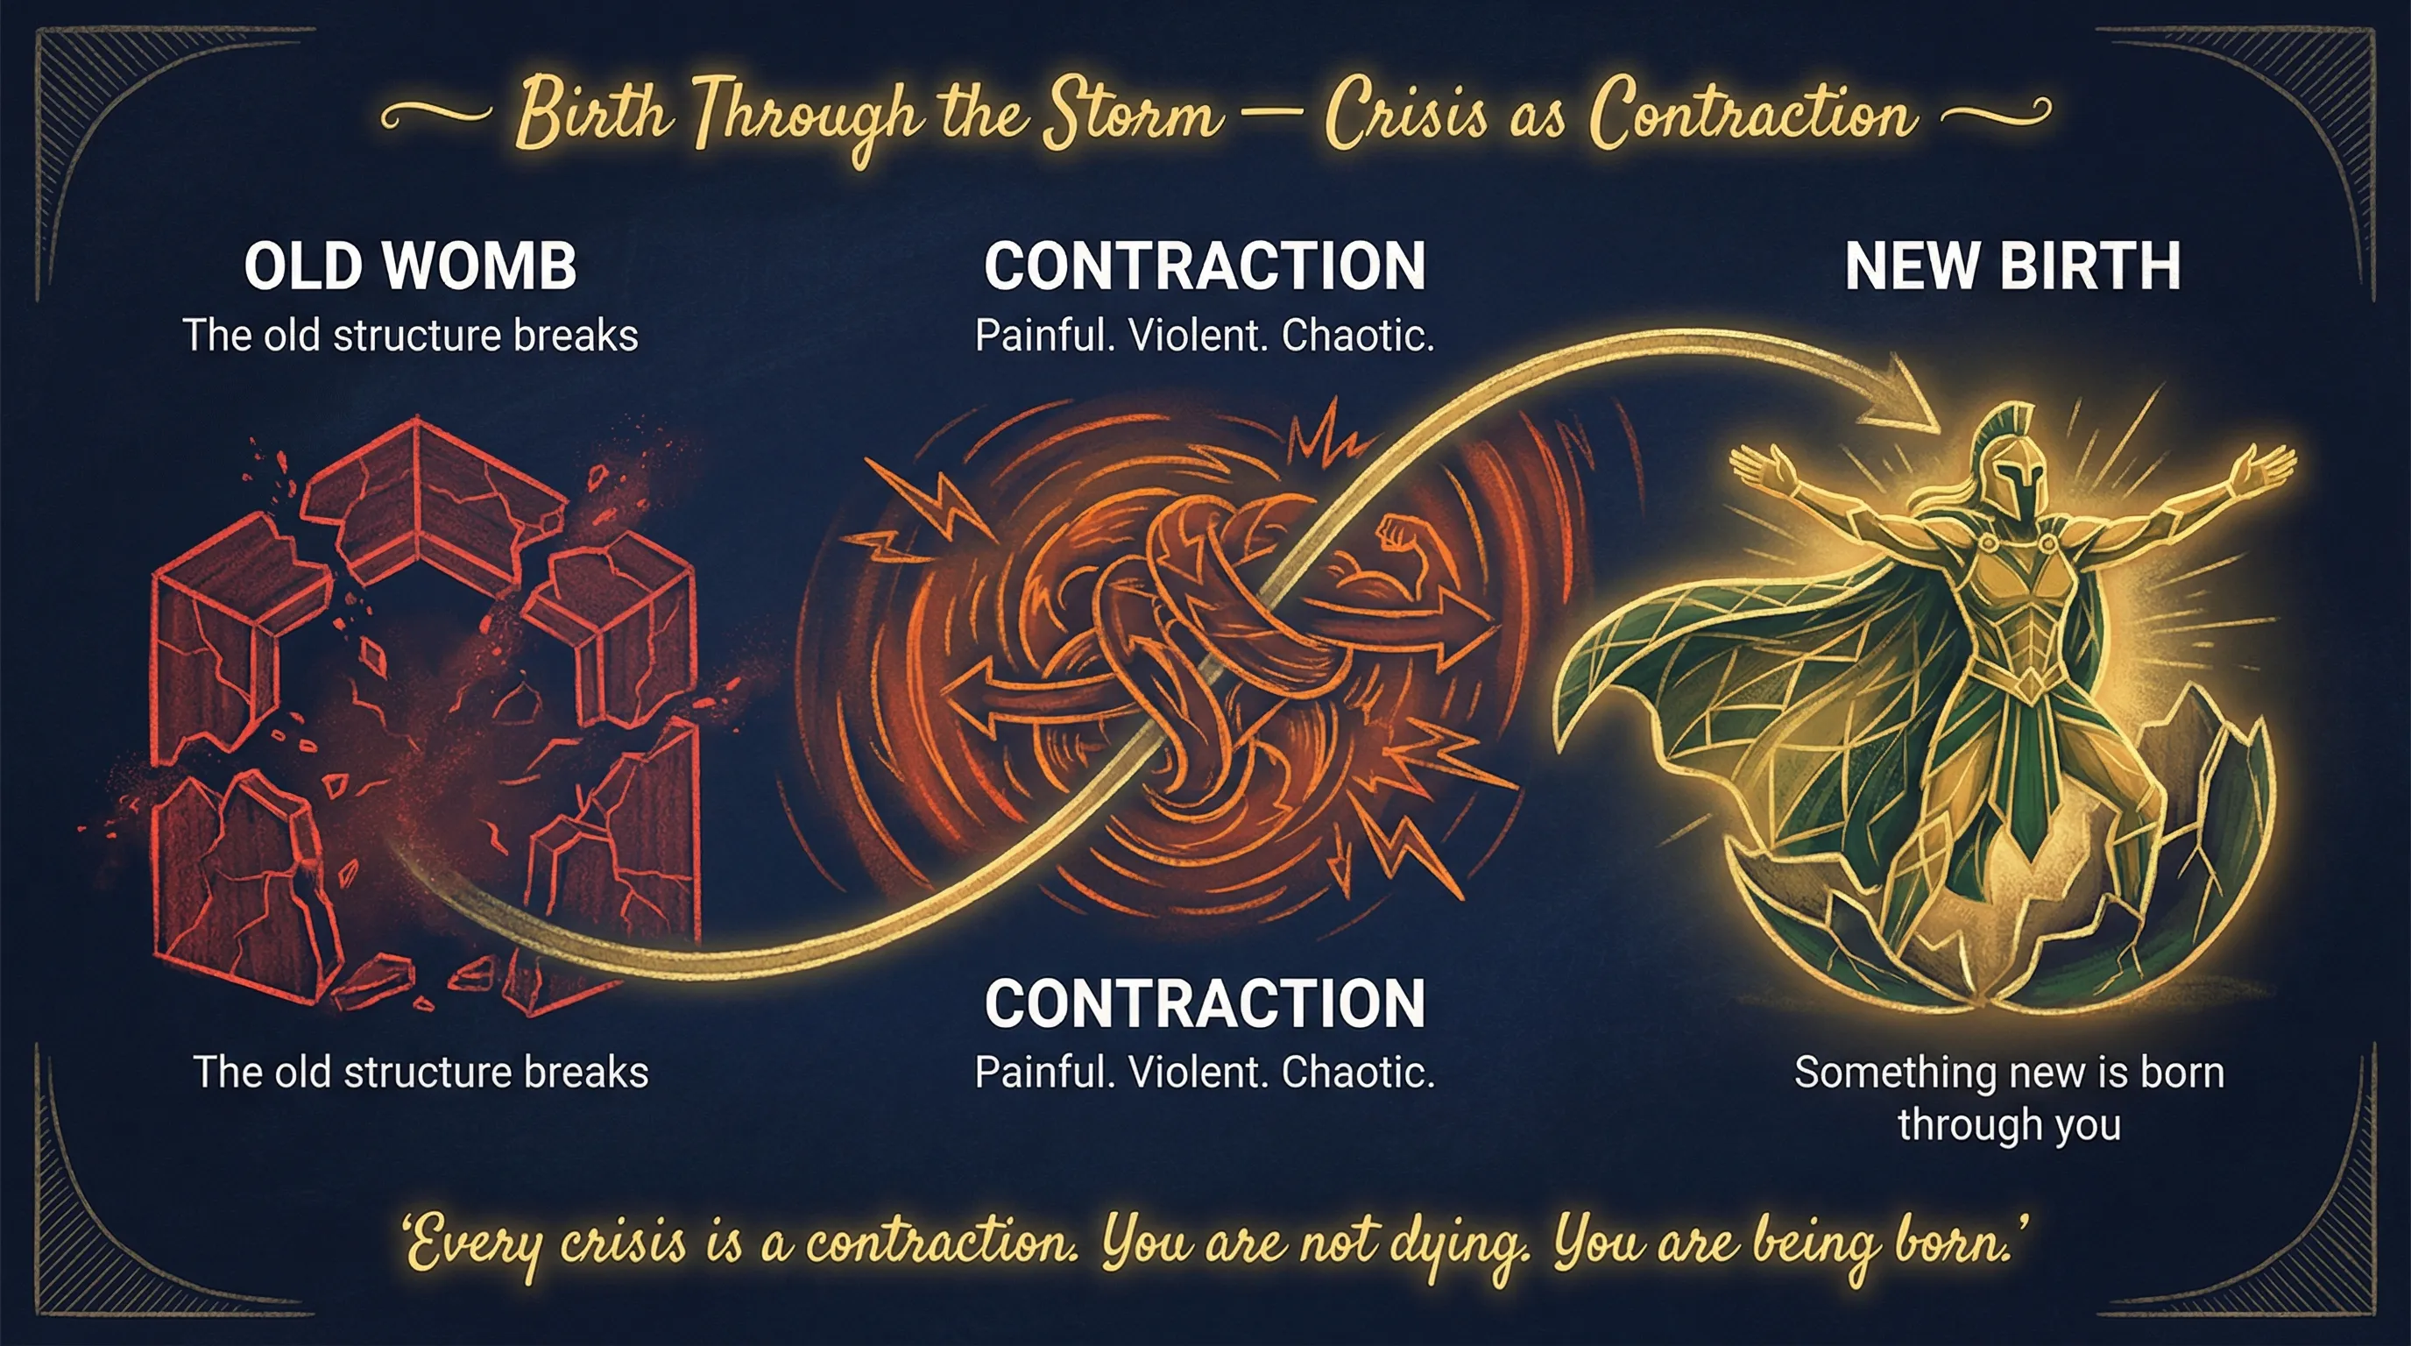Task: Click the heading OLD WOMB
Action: coord(410,266)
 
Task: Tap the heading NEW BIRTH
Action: coord(2012,266)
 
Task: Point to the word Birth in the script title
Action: coord(593,117)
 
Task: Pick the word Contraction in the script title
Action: coord(1750,117)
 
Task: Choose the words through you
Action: coord(2009,1124)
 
